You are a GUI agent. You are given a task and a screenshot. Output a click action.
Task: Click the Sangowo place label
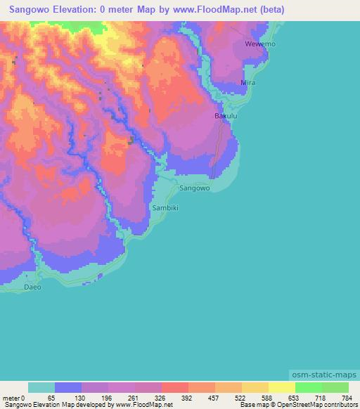pos(195,189)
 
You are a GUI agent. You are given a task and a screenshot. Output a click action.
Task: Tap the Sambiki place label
pos(166,209)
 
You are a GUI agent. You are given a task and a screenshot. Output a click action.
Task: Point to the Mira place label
pos(248,83)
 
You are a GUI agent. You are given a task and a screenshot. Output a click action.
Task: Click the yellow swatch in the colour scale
pos(281,387)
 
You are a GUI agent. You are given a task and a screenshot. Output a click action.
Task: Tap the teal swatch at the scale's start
pos(41,387)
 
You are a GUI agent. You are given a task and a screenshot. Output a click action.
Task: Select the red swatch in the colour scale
pos(174,387)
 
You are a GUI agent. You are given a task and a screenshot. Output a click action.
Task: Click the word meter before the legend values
pos(12,397)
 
